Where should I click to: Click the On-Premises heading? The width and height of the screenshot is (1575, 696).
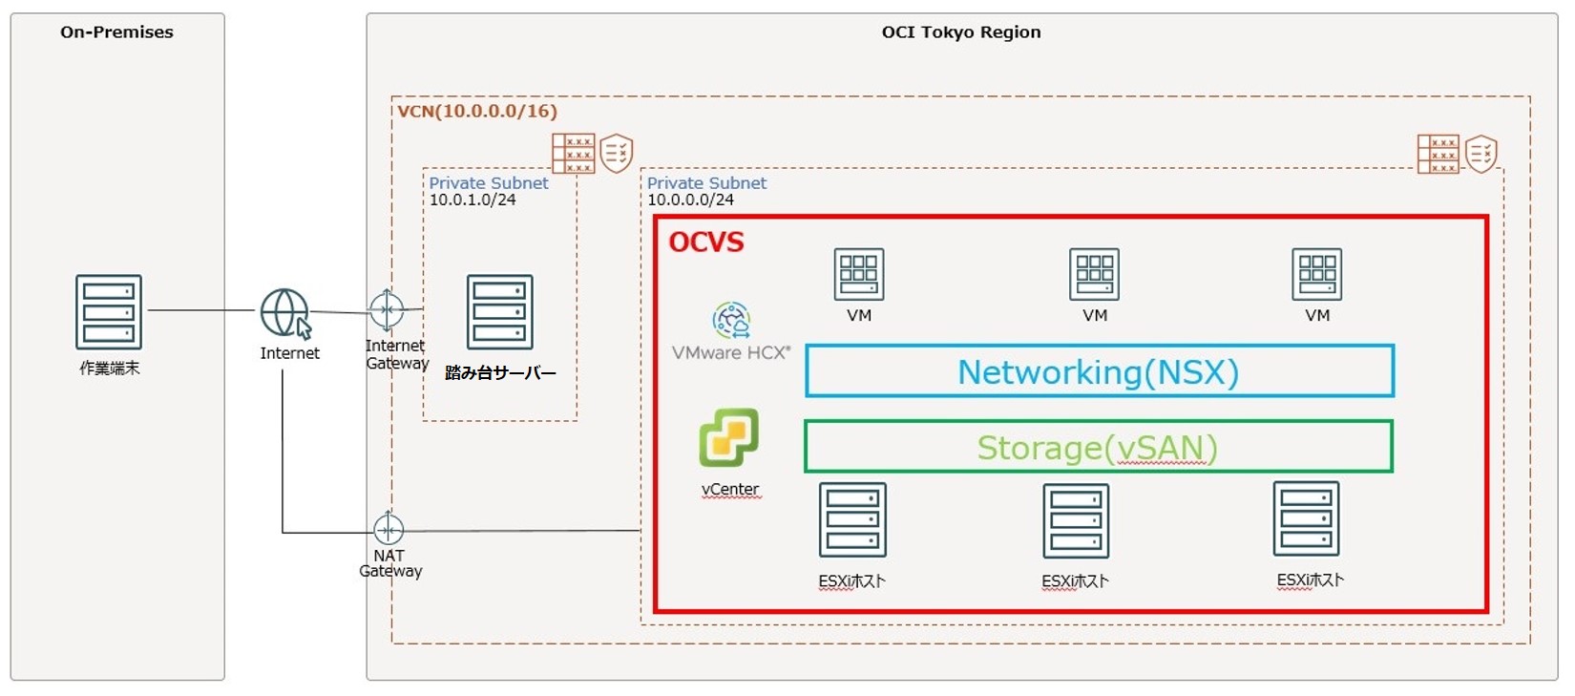click(116, 32)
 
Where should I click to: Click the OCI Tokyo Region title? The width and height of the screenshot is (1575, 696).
click(960, 32)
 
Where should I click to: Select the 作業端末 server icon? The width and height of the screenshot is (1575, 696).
click(109, 312)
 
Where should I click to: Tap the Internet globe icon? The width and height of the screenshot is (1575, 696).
click(284, 312)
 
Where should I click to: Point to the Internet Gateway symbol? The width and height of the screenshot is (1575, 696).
click(387, 310)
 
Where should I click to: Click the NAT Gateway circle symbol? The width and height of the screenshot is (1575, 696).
click(388, 528)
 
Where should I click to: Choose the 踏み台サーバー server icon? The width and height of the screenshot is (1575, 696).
click(499, 312)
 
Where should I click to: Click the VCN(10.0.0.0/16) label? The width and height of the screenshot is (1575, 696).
click(477, 111)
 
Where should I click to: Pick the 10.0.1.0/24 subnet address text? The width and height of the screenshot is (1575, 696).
click(472, 200)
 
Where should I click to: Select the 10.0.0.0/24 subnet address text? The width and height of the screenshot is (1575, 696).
click(690, 200)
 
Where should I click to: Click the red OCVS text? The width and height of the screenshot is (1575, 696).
click(706, 243)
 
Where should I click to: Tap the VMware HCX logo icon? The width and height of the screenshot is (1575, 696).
click(731, 321)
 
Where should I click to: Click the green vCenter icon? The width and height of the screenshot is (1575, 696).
click(729, 438)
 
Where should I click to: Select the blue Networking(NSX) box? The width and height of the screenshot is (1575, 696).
click(1099, 371)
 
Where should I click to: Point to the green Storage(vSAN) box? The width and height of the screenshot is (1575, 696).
click(1098, 447)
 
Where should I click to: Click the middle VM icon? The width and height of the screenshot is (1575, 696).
click(1094, 274)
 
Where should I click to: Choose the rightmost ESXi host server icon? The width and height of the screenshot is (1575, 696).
click(1306, 519)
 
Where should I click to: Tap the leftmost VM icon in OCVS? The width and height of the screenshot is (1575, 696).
click(858, 274)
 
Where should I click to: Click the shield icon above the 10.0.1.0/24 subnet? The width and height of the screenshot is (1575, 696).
click(617, 153)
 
